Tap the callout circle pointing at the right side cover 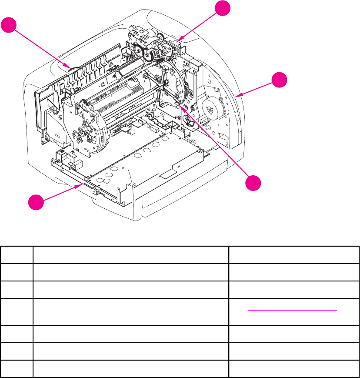click(280, 81)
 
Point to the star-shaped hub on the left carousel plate click(81, 131)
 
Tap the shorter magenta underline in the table click(259, 319)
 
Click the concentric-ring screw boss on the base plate click(190, 142)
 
